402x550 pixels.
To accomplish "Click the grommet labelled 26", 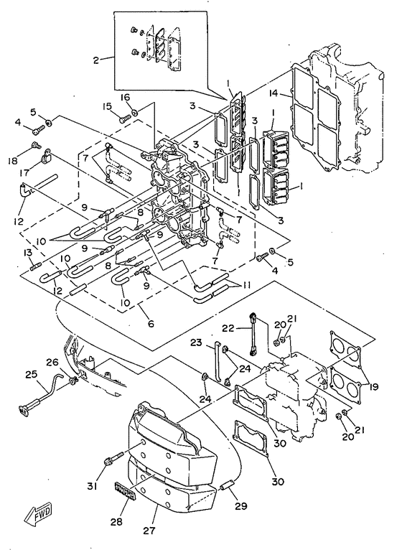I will point(72,380).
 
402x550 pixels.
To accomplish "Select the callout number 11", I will point(246,285).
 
